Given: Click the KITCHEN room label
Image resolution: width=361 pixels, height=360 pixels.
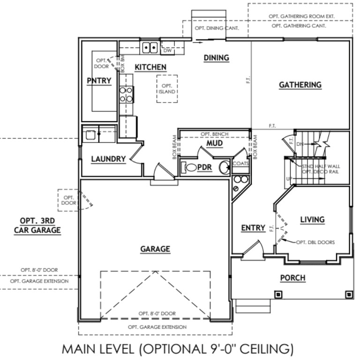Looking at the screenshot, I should point(150,67).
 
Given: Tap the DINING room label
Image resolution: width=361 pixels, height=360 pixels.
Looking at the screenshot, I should point(216,58).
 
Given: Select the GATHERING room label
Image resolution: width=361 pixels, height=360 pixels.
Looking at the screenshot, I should point(300,85).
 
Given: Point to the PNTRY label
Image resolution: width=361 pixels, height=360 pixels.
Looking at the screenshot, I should point(99,81).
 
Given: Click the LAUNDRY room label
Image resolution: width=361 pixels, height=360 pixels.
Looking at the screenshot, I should point(108,159).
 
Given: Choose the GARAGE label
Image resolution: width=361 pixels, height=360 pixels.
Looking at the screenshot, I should point(155,249).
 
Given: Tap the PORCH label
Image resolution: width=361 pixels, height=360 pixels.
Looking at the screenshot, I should point(293,278).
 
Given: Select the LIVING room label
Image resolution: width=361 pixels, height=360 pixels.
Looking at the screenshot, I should point(312,219).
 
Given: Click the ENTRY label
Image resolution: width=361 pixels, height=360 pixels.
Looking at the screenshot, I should point(253,228).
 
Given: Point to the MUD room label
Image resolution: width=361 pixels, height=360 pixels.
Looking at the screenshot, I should point(214,142).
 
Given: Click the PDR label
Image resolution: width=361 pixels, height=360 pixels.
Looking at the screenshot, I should point(204,167).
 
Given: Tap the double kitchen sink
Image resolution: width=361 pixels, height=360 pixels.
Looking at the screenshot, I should point(150,47).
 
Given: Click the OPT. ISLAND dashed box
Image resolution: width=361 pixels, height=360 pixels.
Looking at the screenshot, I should point(167,89).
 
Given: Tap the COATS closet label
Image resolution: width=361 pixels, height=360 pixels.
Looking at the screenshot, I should point(240,164).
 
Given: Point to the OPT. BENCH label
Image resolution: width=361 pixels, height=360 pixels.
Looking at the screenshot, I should point(214,134).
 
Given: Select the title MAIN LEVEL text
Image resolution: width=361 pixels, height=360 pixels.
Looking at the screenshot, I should point(178,349).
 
